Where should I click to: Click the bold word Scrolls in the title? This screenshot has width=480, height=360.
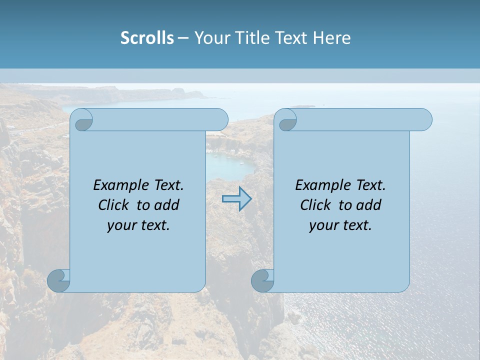147,38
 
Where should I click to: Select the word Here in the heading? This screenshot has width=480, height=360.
331,38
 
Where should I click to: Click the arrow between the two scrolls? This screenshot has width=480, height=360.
236,199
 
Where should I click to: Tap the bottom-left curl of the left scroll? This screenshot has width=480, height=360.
59,280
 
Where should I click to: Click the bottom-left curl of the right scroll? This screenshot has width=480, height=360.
263,280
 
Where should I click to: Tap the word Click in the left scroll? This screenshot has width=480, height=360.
115,205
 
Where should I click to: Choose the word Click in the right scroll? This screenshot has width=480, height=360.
317,205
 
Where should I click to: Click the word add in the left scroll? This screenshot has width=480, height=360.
167,205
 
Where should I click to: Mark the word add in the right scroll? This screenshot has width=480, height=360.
369,205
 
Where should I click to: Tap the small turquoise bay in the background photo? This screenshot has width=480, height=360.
230,165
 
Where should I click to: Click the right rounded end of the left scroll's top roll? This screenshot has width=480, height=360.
220,119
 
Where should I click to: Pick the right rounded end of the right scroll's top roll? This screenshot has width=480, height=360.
424,119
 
